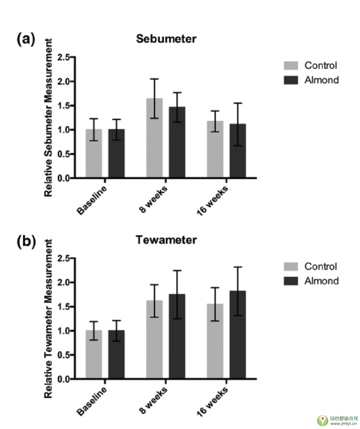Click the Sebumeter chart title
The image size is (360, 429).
click(x=166, y=39)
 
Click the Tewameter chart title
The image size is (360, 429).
click(x=166, y=240)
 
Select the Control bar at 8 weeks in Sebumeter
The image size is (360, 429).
click(x=155, y=138)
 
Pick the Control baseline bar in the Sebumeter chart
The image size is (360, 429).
click(x=94, y=154)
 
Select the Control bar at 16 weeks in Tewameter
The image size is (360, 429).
click(x=215, y=341)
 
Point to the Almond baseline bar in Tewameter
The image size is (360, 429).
click(x=116, y=355)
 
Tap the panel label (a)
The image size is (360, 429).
click(x=26, y=39)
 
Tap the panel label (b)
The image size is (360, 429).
click(x=26, y=241)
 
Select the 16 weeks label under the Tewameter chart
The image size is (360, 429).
click(x=212, y=400)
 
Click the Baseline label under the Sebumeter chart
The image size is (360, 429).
click(x=92, y=201)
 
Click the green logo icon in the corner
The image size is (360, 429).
click(x=322, y=420)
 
